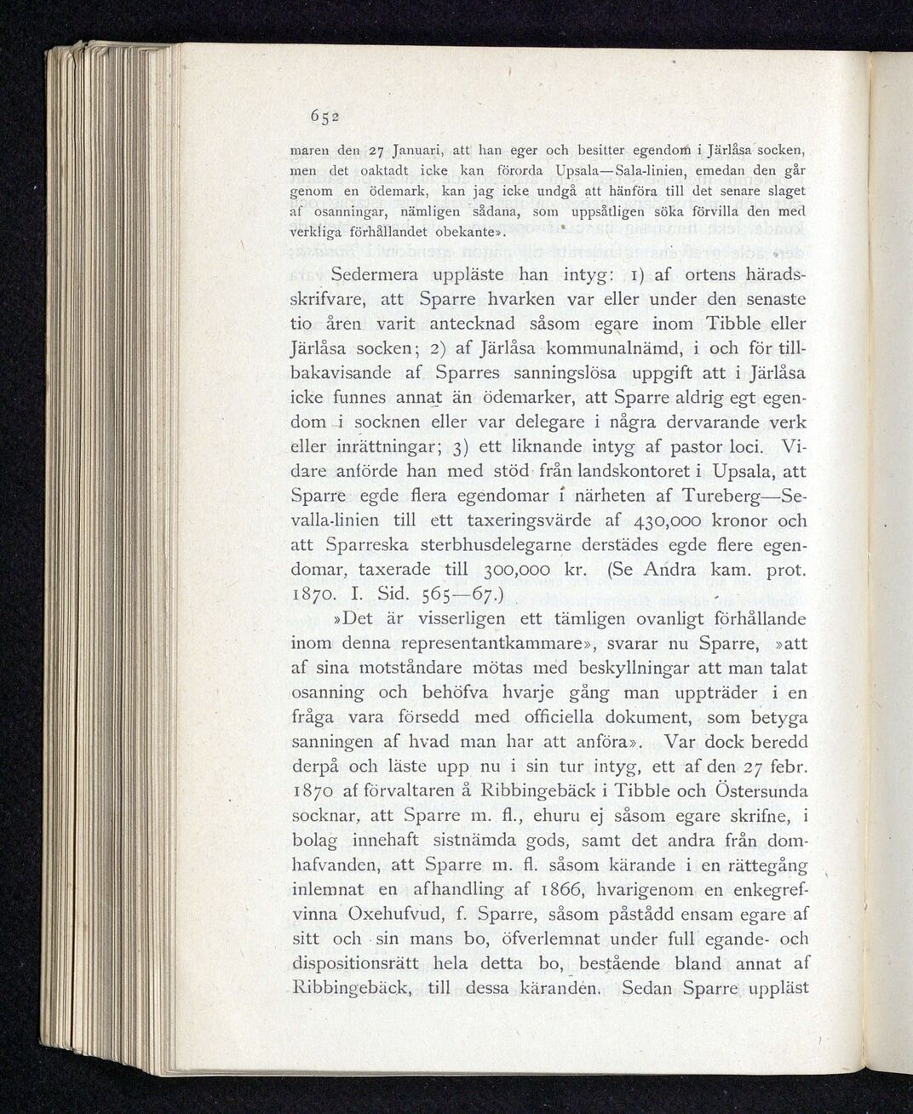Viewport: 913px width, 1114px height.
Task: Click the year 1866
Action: coord(560,890)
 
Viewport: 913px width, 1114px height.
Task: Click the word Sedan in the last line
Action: coord(654,990)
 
